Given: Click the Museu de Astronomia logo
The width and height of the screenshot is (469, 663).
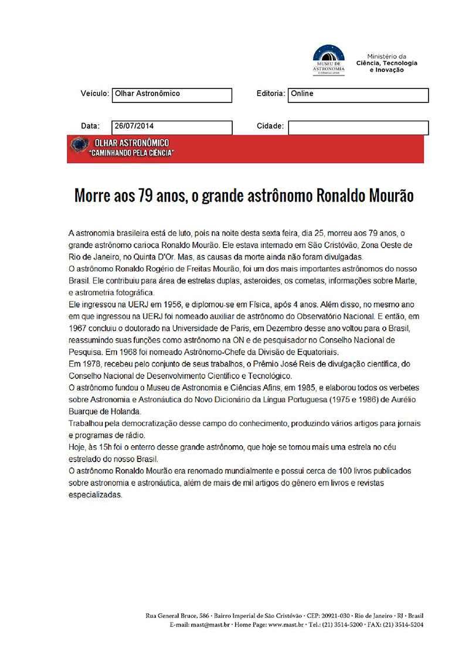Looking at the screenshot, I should (328, 59).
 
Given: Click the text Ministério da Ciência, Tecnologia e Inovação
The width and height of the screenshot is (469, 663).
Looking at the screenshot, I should (387, 61).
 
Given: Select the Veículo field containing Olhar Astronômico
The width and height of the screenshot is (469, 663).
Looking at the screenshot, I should (172, 94).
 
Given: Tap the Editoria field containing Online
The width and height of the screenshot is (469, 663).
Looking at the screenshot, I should (358, 94).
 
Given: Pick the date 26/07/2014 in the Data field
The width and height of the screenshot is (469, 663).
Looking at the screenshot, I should (135, 126).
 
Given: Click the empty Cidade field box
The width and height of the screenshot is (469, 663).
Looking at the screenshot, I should (358, 127).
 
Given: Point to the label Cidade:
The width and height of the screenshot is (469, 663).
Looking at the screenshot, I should (270, 126).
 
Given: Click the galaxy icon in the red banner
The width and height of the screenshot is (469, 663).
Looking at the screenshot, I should (79, 145).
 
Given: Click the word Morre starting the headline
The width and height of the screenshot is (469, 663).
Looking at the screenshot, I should (93, 196).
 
